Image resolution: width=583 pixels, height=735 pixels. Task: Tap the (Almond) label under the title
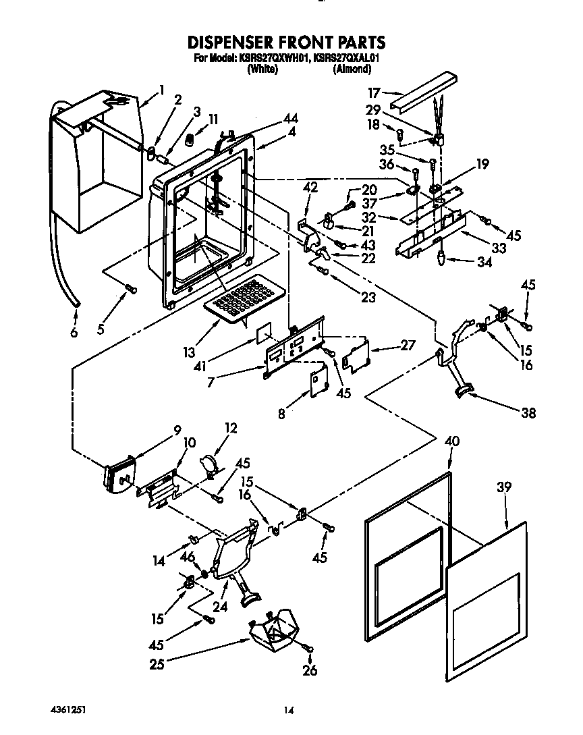(352, 69)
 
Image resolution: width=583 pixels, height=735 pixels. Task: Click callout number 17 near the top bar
(374, 93)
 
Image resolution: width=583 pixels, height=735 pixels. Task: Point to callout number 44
(290, 119)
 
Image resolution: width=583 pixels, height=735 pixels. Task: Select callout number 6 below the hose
(74, 332)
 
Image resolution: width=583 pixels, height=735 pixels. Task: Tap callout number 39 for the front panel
(504, 487)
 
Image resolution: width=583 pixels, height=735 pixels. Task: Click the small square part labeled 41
(265, 333)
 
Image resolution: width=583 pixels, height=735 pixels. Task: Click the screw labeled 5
(131, 289)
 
